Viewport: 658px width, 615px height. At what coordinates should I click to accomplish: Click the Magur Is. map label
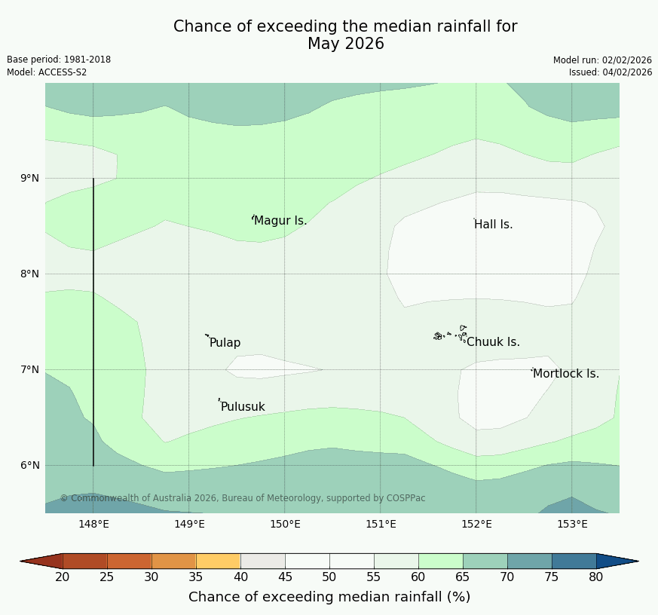[x=280, y=221]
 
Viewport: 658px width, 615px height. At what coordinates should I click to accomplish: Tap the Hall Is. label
[x=493, y=225]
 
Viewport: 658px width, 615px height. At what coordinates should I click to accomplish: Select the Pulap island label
[x=225, y=343]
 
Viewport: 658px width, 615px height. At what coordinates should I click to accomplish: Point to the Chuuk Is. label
[x=493, y=342]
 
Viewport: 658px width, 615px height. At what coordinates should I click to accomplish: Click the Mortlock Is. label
[x=565, y=374]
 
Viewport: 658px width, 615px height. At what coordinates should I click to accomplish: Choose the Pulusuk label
[x=243, y=407]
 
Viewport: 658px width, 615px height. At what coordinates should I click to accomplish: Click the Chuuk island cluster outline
[x=450, y=334]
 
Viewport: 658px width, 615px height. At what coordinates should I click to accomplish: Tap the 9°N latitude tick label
[x=29, y=179]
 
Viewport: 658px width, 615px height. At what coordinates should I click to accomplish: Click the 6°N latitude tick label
[x=29, y=466]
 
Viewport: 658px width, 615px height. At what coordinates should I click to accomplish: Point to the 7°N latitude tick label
[x=29, y=370]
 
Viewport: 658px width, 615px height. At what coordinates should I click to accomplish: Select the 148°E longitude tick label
[x=94, y=525]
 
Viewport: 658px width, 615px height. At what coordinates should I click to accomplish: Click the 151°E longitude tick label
[x=381, y=525]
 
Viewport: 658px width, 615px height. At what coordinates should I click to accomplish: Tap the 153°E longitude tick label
[x=572, y=525]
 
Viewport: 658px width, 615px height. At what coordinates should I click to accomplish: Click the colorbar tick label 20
[x=63, y=577]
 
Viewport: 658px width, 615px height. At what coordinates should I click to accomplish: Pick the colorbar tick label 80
[x=596, y=577]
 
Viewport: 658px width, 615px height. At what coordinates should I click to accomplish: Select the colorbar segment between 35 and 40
[x=219, y=561]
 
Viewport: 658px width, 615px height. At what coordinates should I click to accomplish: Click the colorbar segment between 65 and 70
[x=485, y=561]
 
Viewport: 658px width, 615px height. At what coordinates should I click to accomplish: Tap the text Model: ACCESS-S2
[x=47, y=72]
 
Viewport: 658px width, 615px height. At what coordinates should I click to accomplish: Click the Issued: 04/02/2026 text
[x=611, y=72]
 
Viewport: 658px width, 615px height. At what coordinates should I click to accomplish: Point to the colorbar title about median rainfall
[x=329, y=597]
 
